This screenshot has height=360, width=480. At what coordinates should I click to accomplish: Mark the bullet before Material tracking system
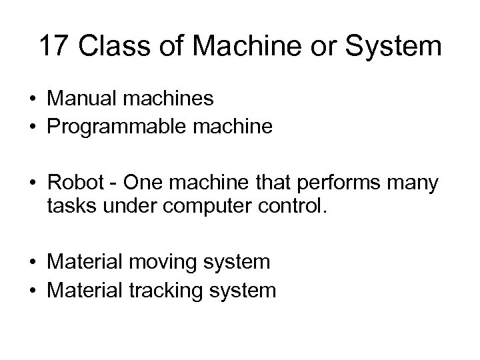point(32,291)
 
